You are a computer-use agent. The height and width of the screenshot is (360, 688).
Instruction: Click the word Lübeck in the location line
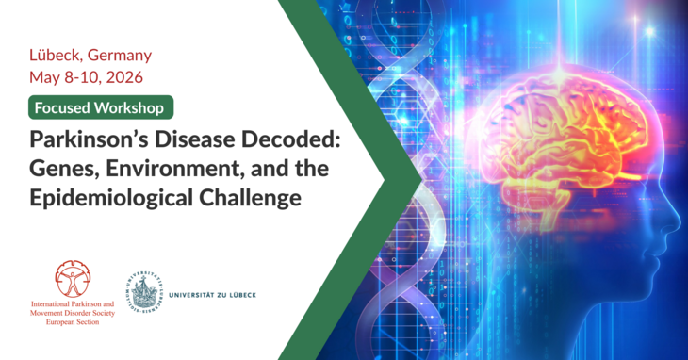tap(53, 55)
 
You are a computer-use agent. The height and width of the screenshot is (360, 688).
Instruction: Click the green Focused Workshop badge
tap(101, 106)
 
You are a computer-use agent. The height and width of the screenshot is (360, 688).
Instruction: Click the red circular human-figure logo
tap(73, 281)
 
